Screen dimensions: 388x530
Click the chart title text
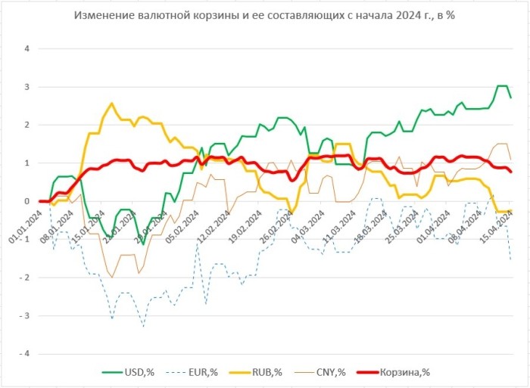[264, 15]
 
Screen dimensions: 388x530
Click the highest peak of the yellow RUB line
[112, 104]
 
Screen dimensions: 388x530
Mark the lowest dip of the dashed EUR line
[142, 326]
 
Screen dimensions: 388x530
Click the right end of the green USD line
[510, 98]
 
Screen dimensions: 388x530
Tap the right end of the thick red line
[510, 172]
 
